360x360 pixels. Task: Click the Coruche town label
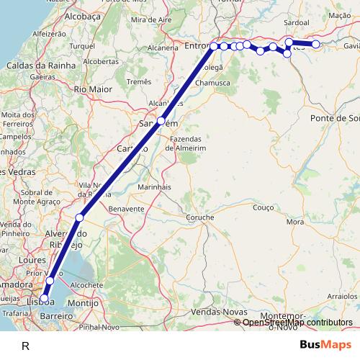199,217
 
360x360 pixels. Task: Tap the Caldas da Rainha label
41,66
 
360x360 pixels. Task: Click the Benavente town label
127,208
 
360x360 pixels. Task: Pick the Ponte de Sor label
335,117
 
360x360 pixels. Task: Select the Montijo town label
83,303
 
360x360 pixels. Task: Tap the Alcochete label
87,285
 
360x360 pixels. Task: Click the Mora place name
295,222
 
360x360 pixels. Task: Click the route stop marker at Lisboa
44,298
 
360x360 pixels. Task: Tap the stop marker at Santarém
161,121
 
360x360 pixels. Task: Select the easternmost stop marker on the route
315,45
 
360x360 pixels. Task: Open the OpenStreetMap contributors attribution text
297,323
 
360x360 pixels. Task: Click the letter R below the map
26,346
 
